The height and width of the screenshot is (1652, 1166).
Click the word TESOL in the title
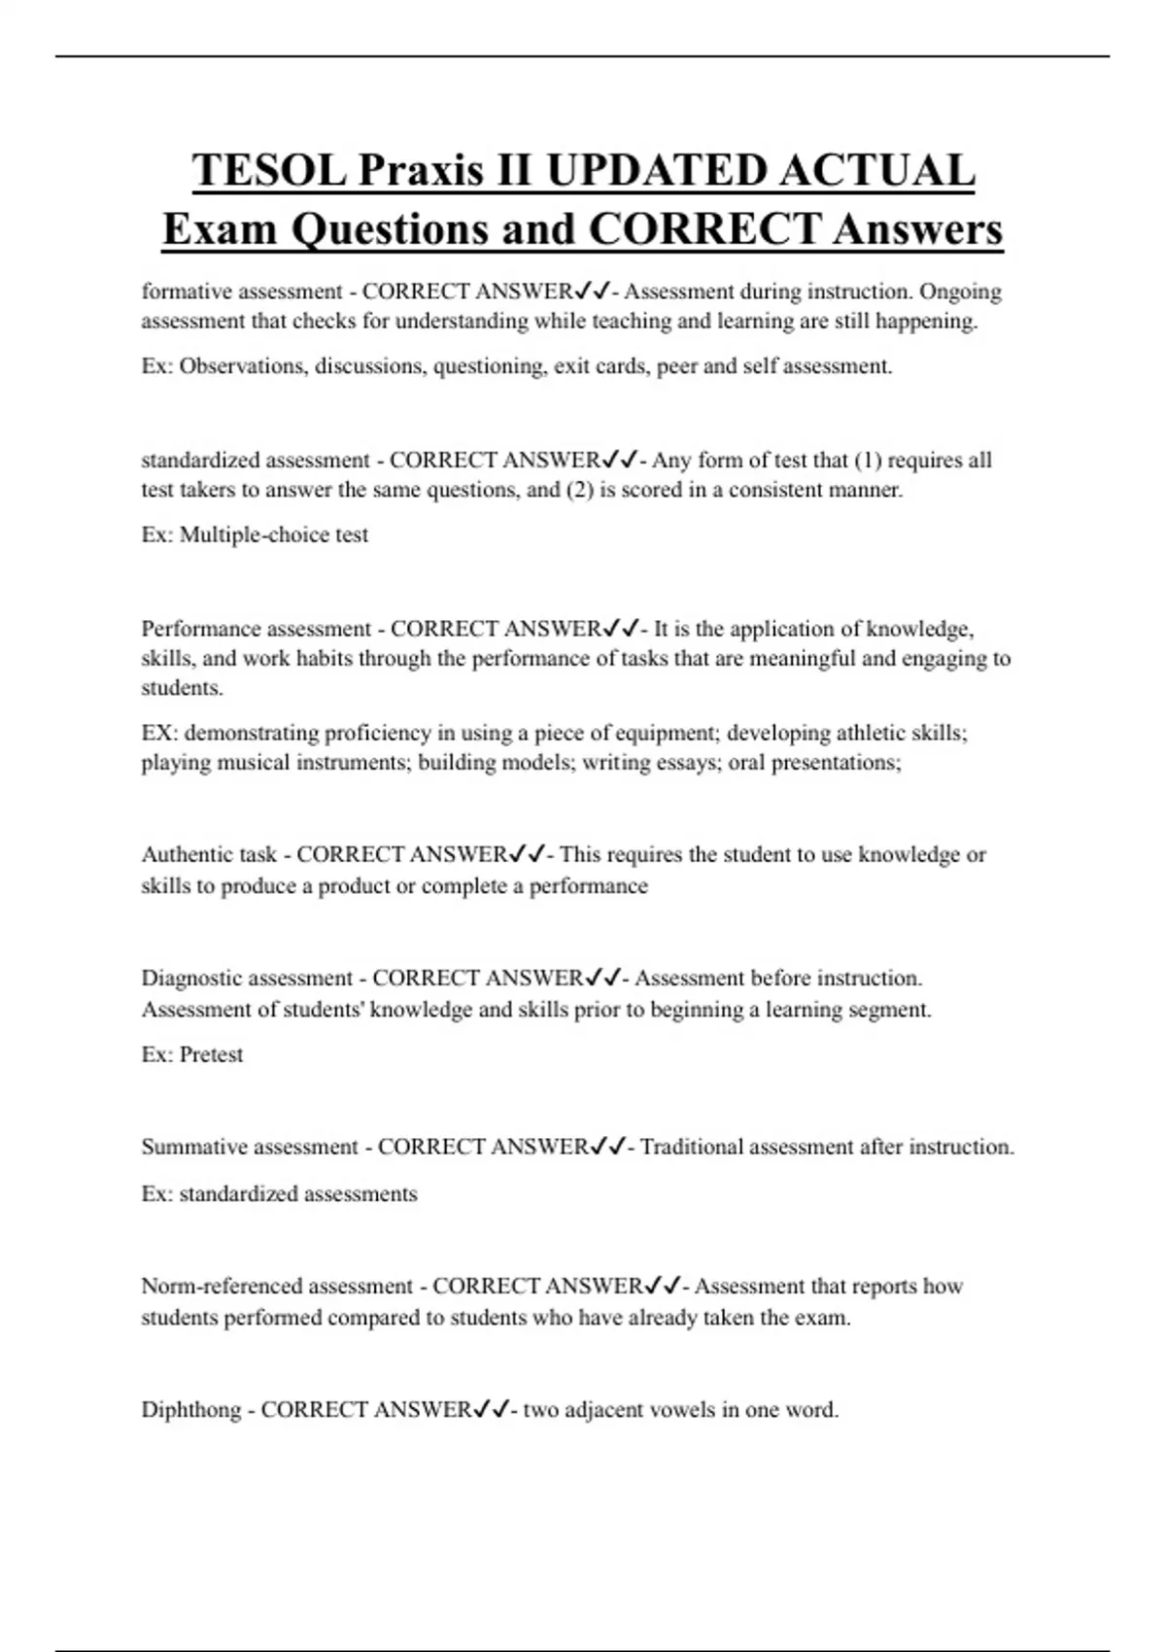click(269, 170)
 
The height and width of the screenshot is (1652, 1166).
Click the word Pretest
click(211, 1055)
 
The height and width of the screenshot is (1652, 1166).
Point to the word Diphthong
click(190, 1410)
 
